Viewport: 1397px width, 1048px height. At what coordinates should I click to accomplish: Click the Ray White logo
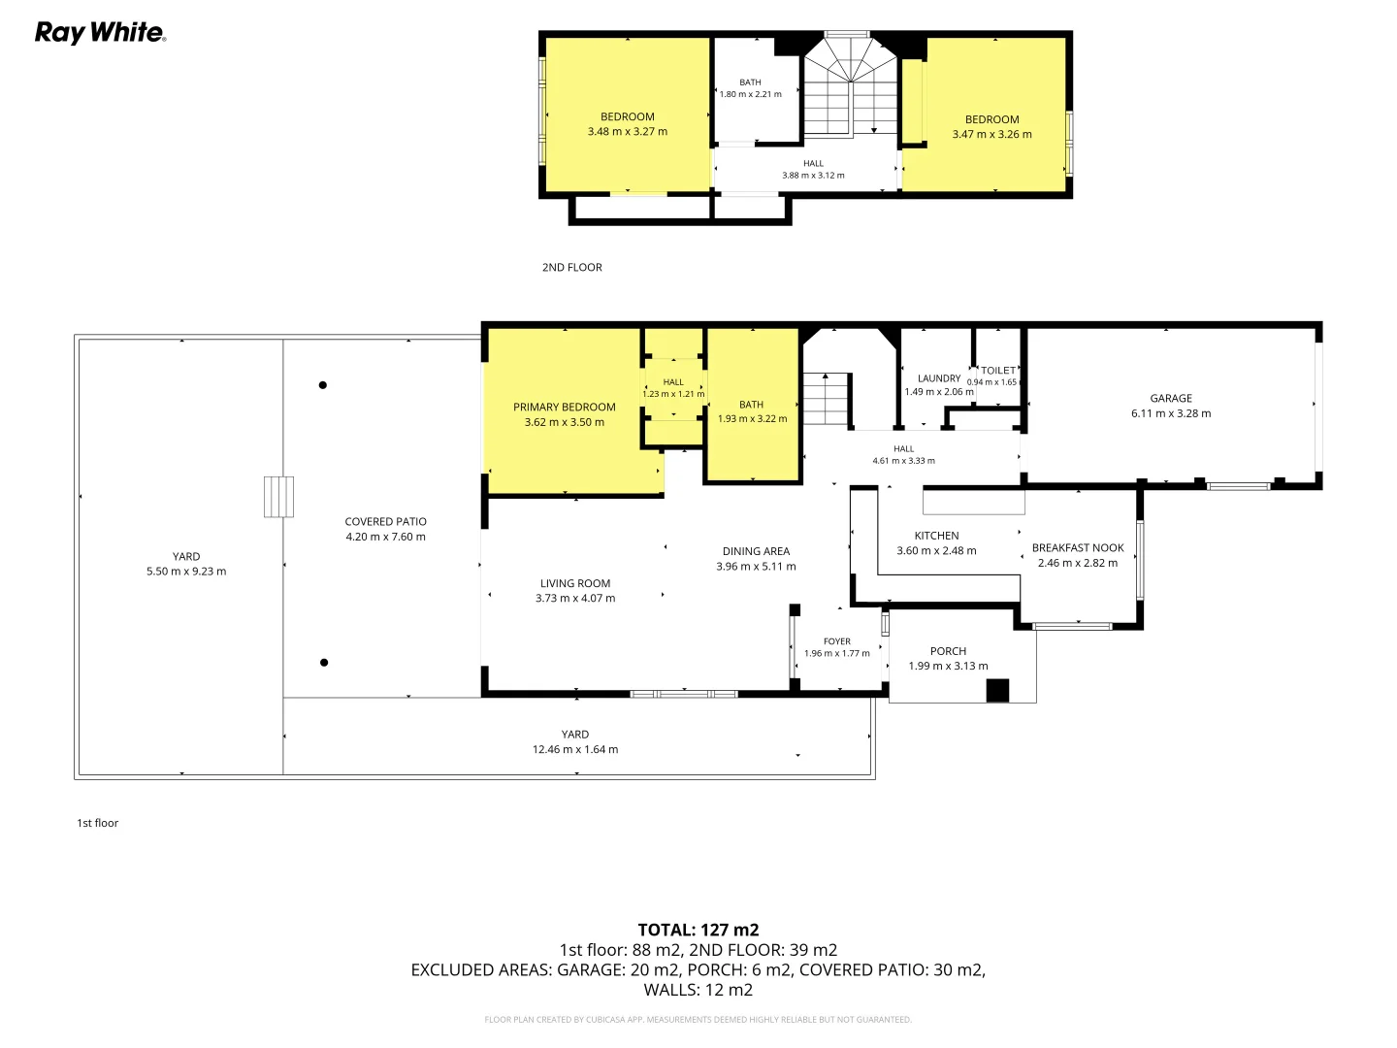pos(100,32)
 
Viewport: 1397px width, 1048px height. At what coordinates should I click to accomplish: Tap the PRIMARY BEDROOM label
pos(564,408)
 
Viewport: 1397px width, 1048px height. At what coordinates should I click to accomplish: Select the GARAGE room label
pos(1170,398)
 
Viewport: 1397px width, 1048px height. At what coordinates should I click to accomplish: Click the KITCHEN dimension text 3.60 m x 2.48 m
pos(936,551)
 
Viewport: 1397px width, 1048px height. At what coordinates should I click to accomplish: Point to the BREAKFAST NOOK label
pos(1078,548)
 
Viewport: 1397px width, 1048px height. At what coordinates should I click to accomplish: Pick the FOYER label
pos(836,641)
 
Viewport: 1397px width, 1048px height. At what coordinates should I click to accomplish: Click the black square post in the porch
pos(997,691)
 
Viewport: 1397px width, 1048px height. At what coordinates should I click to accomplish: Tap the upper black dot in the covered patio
pos(323,385)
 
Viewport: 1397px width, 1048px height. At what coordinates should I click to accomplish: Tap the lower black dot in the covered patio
pos(324,663)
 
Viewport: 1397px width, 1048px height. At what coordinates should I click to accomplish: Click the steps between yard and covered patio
pos(278,497)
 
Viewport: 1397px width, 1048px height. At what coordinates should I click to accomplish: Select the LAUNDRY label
pos(939,378)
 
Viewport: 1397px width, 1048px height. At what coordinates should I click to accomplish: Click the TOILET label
pos(998,371)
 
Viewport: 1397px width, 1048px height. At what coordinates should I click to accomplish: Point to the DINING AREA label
pos(756,551)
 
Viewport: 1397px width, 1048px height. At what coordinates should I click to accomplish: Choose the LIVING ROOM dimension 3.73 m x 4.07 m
pos(574,598)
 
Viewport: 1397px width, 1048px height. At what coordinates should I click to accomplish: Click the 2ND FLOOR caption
pos(571,267)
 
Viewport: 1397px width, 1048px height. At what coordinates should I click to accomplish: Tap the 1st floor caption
pos(97,823)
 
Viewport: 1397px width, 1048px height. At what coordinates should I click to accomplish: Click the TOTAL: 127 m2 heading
pos(698,930)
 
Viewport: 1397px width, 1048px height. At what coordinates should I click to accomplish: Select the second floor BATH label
pos(750,82)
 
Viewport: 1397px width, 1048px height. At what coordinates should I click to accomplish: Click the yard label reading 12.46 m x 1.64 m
pos(574,749)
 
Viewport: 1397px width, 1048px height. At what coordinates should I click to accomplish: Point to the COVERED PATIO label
pos(385,522)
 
